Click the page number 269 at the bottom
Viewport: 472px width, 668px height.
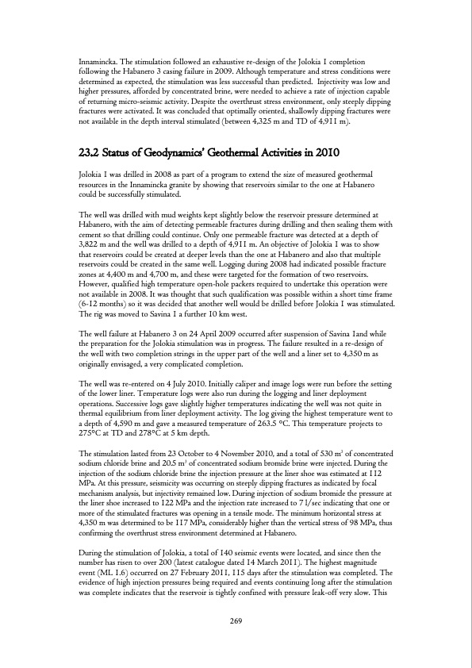(x=236, y=620)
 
